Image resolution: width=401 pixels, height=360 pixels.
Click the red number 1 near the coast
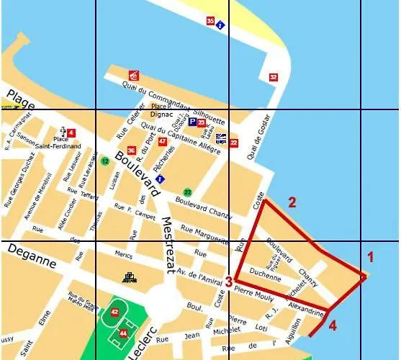pos(371,256)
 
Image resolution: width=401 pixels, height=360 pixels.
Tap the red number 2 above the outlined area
pos(292,202)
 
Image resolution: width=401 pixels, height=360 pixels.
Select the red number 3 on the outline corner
pos(228,282)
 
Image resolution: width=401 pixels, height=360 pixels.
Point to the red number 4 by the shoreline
pos(333,325)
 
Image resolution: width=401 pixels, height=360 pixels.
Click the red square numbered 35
pos(210,21)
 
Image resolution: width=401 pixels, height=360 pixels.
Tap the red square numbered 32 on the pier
pos(273,77)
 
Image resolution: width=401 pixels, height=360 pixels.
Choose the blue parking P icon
pos(192,123)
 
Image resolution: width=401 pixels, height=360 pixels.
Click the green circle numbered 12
pos(105,161)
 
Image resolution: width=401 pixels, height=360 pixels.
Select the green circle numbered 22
pos(187,192)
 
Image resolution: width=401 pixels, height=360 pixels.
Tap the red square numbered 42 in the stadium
pos(114,311)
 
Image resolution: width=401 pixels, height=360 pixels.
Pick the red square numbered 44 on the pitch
pos(123,333)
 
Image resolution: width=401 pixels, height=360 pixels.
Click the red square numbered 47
pos(162,141)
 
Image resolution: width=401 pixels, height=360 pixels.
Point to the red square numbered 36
pos(131,150)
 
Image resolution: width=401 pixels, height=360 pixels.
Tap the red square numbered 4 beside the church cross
pos(71,132)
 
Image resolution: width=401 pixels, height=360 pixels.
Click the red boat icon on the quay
pos(133,76)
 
